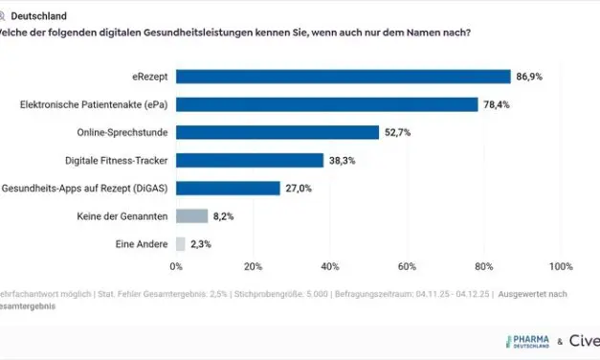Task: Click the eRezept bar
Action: coord(343,77)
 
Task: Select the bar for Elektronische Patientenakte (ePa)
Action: coord(326,104)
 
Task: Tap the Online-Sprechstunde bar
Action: coord(277,132)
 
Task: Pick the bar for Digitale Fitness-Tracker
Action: coord(249,161)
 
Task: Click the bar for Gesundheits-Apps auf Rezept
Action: coord(228,189)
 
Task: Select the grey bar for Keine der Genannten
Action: coord(191,216)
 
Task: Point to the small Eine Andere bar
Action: coord(181,244)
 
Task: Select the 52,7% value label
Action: coord(397,132)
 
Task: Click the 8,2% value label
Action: coord(223,216)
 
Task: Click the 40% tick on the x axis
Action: coord(330,266)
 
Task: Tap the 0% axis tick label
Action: coord(176,266)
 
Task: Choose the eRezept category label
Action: coord(147,77)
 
